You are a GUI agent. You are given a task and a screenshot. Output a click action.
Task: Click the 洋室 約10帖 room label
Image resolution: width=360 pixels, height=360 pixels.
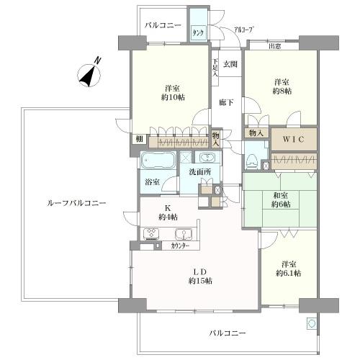171,95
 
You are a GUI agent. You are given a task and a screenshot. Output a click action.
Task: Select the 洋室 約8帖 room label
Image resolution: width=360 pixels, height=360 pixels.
282,86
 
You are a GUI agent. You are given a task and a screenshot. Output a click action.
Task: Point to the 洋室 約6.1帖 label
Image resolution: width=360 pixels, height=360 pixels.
288,269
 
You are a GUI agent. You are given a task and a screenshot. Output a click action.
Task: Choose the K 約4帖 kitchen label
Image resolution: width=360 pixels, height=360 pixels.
168,214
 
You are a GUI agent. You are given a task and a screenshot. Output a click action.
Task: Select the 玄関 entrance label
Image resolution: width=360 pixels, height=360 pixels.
229,65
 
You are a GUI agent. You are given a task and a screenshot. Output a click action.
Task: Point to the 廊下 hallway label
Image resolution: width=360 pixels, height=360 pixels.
225,103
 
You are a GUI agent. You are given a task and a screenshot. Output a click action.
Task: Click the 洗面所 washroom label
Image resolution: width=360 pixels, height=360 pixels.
200,173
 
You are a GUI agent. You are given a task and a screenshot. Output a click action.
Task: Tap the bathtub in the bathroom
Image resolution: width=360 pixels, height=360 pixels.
156,161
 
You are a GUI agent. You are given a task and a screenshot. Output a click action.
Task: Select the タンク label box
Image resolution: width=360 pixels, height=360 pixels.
197,34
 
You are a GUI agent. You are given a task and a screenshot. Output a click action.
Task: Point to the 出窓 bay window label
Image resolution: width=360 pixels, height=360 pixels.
274,46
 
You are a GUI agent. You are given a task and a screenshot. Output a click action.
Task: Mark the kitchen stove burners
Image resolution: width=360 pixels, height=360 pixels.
153,233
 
